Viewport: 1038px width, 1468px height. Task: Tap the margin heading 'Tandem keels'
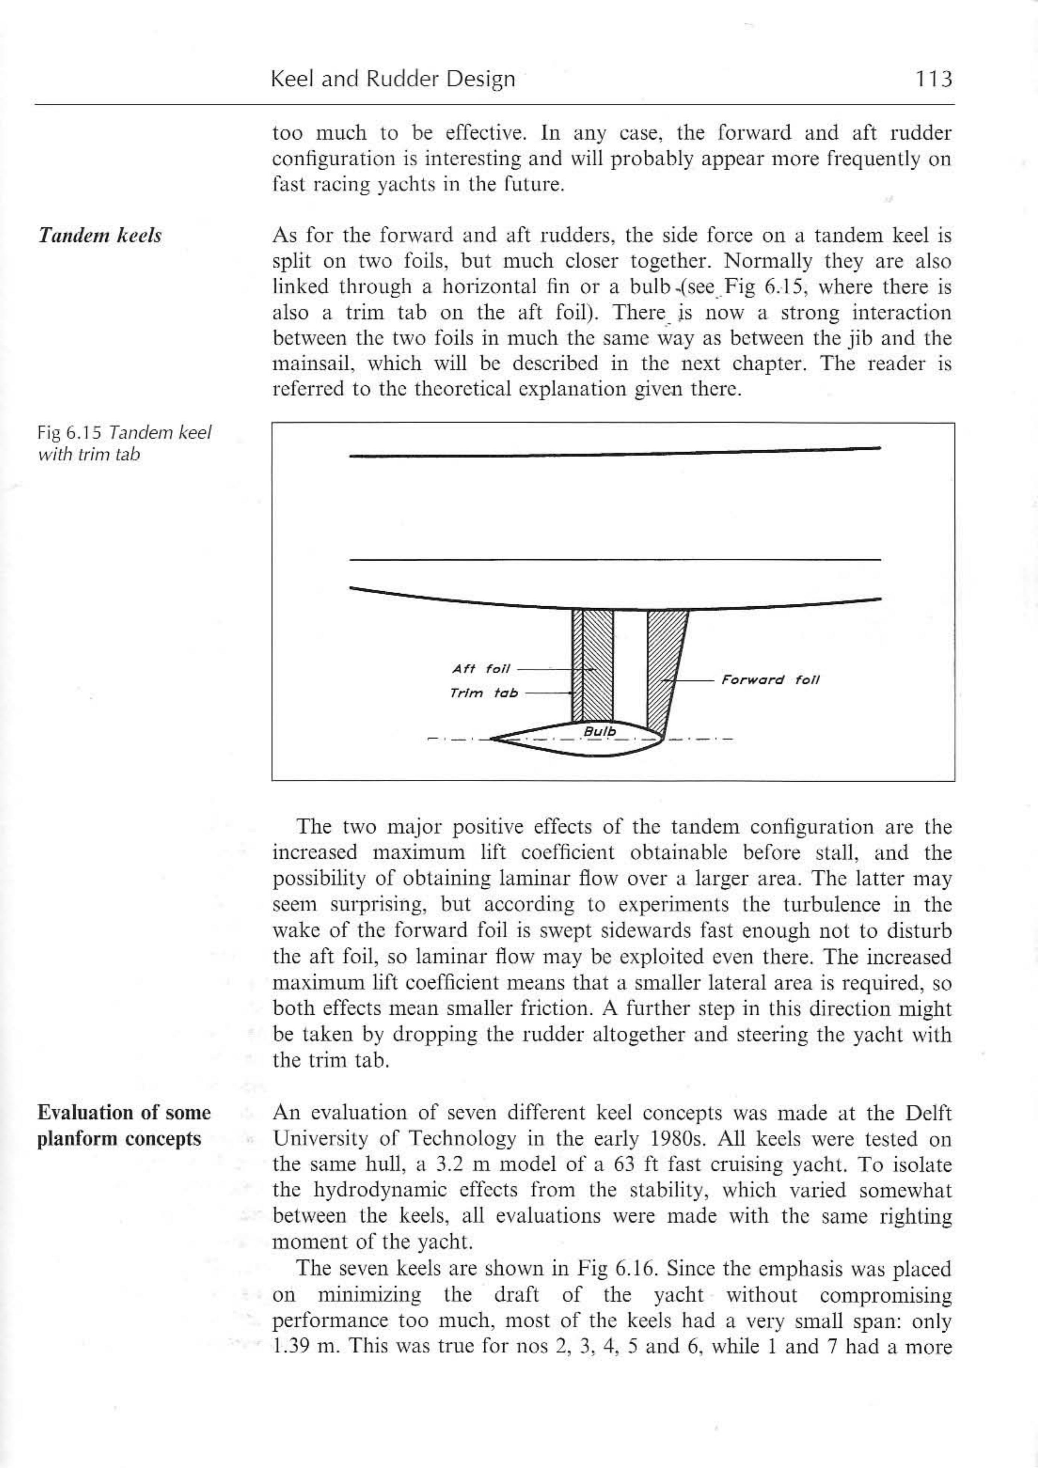(x=100, y=236)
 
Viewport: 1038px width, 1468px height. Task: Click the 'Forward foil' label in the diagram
(x=770, y=680)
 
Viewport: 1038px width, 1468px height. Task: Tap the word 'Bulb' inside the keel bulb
(x=600, y=731)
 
